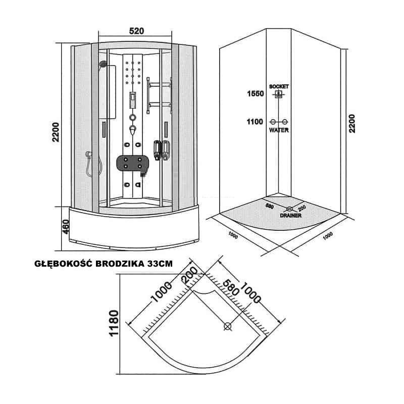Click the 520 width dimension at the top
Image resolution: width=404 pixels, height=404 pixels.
136,31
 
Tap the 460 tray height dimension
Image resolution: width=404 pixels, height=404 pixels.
66,227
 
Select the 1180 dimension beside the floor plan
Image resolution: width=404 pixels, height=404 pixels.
114,323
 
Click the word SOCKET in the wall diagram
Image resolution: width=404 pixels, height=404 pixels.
279,86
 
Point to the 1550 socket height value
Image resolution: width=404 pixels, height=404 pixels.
256,93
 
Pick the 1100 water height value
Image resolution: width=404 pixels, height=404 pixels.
255,122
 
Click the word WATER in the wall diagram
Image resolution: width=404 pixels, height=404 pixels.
279,130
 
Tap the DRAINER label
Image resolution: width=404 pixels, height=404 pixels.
291,216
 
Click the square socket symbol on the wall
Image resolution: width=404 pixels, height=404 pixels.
278,94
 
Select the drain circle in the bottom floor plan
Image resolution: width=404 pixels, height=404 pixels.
228,326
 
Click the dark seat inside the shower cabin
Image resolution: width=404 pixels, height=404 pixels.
132,163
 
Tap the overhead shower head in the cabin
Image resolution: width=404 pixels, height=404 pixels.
103,64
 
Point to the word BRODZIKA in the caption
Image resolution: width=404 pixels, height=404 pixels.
120,264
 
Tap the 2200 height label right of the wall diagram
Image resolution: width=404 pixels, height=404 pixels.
351,124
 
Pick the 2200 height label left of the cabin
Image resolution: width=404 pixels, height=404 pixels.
56,132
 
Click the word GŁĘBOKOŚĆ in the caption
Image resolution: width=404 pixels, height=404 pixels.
64,264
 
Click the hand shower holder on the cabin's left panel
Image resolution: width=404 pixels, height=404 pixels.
89,154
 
